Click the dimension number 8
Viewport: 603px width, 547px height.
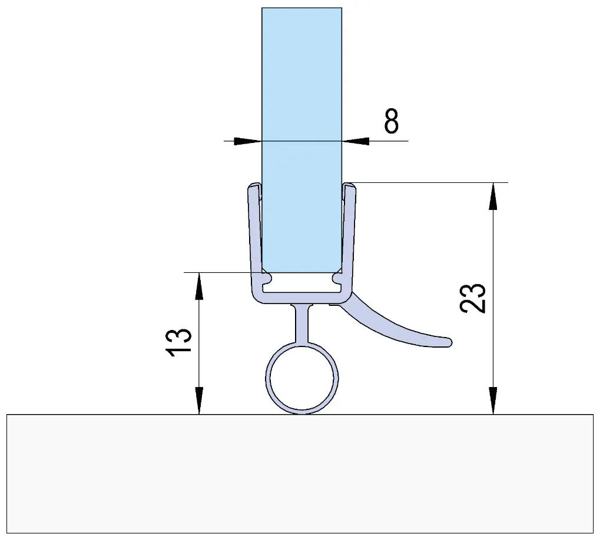click(392, 121)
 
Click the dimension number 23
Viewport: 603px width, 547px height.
click(473, 298)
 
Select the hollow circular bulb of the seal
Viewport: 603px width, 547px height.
click(302, 378)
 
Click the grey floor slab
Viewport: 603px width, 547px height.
click(300, 473)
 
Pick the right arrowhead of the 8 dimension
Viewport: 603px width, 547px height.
click(356, 141)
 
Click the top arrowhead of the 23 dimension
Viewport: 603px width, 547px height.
click(493, 196)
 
